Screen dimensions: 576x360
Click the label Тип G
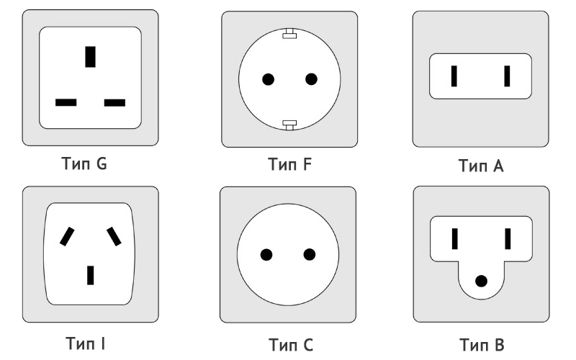coord(84,163)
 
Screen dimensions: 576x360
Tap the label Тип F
coord(290,164)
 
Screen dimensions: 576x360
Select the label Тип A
coord(481,166)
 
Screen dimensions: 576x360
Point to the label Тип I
coord(86,343)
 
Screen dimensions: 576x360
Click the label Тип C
coord(291,345)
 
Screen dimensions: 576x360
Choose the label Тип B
coord(482,345)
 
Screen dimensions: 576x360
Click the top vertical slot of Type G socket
coord(91,57)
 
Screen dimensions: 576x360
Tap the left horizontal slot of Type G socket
coord(66,102)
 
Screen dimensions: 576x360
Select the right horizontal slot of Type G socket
coord(114,102)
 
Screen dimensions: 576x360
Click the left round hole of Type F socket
coord(268,79)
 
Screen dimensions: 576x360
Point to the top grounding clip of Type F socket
coord(289,33)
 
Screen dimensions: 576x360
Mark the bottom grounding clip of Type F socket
coord(289,125)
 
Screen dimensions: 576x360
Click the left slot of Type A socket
coord(454,76)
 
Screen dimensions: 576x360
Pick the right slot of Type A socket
coord(507,76)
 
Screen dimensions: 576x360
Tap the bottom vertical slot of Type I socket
coord(91,275)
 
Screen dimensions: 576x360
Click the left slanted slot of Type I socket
coord(67,236)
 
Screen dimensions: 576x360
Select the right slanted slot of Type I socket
coord(114,236)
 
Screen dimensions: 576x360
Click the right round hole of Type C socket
coord(310,255)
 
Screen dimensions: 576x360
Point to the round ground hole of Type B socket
coord(481,282)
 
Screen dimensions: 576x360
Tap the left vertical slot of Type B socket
coord(455,239)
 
